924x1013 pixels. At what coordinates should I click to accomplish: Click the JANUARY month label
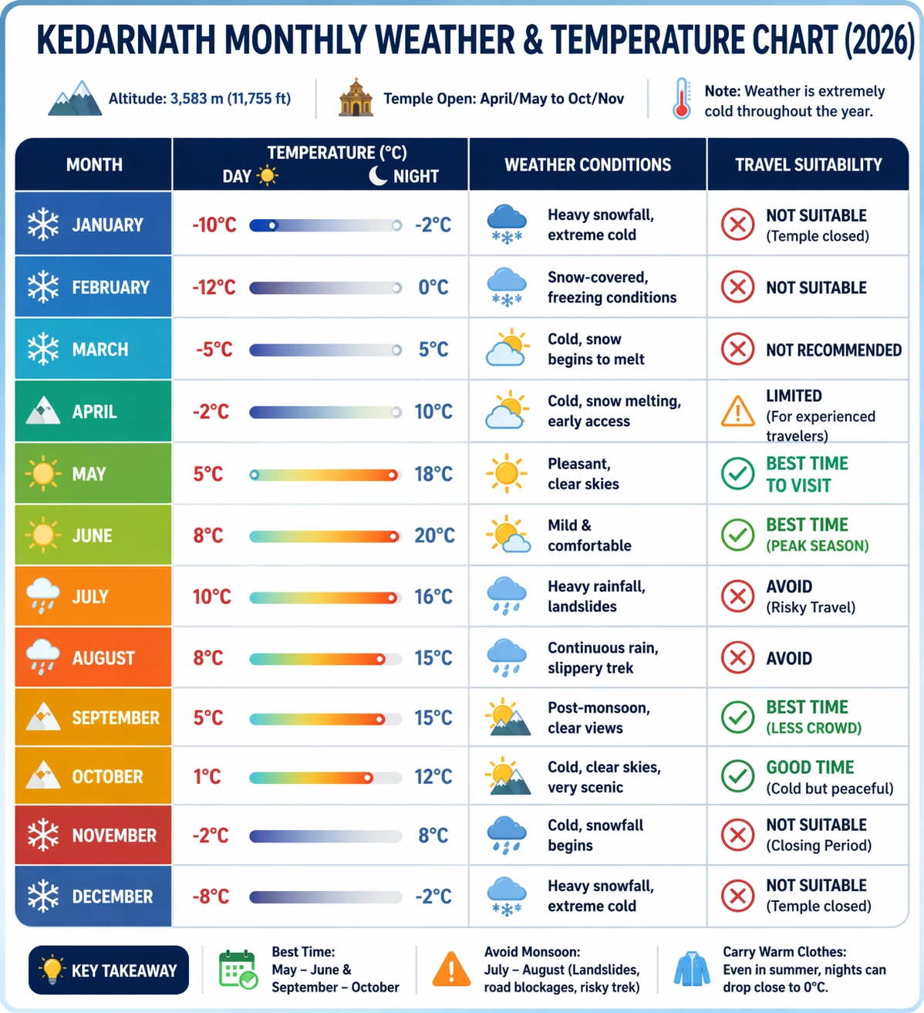click(x=107, y=225)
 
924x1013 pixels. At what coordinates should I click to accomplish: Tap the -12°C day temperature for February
click(x=214, y=287)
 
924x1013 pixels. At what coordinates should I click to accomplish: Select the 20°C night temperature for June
click(x=434, y=535)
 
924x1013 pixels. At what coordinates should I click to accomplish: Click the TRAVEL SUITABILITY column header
click(x=808, y=164)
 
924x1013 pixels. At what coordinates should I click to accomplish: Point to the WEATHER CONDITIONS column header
click(x=588, y=164)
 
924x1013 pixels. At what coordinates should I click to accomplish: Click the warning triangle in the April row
click(x=737, y=411)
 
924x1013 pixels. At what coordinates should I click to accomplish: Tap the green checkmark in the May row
click(x=737, y=474)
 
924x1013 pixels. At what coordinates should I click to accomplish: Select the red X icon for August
click(x=737, y=658)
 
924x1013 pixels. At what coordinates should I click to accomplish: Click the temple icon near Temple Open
click(x=356, y=98)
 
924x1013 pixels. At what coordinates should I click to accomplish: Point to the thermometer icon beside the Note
click(x=681, y=99)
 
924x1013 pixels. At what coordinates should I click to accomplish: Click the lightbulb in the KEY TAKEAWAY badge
click(x=51, y=969)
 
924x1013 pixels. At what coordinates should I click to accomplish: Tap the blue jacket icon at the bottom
click(x=692, y=969)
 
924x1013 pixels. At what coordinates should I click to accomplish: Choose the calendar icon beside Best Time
click(x=238, y=970)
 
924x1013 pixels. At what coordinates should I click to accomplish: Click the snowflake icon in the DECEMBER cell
click(x=43, y=896)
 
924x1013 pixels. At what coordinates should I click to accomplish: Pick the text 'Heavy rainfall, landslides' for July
click(x=595, y=596)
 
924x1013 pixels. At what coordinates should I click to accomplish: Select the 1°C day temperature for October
click(x=207, y=776)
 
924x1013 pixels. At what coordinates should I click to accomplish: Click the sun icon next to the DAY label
click(x=267, y=176)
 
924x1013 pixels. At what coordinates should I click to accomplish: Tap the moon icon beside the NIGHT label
click(x=378, y=176)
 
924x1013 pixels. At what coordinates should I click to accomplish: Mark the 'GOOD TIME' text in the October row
click(x=810, y=767)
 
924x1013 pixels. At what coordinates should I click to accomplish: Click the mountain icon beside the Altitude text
click(x=75, y=99)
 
